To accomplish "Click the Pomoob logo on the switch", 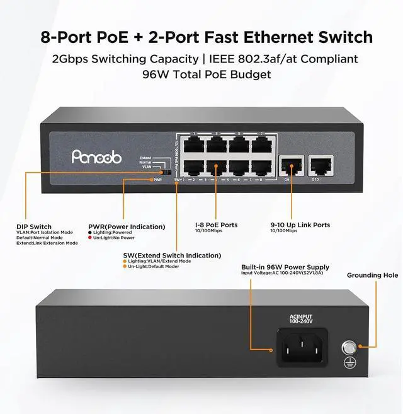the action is [x=95, y=157].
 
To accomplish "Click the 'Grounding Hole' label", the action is [x=372, y=275].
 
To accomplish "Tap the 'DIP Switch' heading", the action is [x=34, y=227].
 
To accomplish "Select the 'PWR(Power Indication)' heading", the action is [x=127, y=227].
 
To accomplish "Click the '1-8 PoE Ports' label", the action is [x=217, y=225].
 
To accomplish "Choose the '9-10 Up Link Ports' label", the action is [x=300, y=225].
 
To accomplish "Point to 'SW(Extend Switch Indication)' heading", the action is [x=172, y=256].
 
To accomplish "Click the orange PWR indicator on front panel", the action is [x=149, y=180].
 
